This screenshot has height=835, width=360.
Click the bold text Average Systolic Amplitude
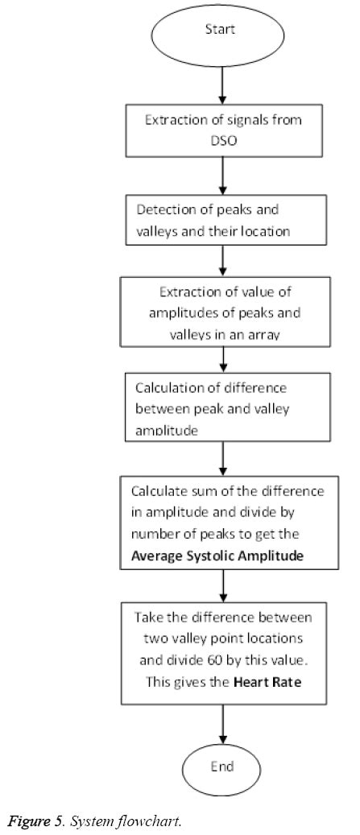point(217,556)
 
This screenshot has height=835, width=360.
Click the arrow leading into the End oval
point(222,724)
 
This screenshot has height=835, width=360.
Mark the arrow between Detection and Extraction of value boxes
point(224,260)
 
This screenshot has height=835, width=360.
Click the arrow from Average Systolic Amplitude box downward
point(223,585)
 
